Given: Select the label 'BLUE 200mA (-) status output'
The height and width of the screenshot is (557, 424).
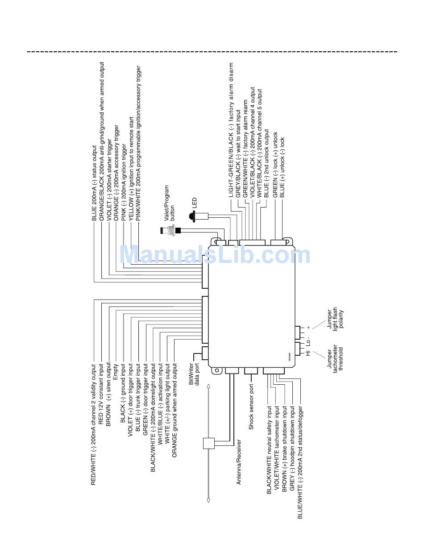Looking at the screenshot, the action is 94,183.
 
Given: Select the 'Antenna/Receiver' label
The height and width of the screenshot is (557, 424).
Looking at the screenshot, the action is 239,462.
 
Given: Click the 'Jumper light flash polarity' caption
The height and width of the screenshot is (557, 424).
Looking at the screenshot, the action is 336,319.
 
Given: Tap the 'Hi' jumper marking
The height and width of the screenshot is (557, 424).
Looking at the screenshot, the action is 308,353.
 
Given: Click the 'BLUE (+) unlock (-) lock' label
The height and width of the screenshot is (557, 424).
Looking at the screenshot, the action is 282,167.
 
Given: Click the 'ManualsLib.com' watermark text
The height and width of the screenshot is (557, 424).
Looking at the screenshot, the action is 215,255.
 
